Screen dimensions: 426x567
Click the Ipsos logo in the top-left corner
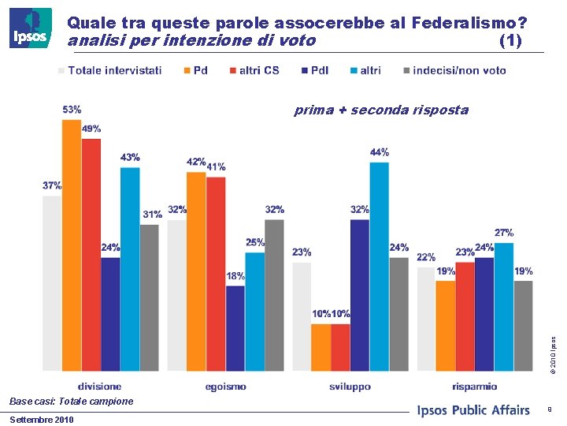[31, 28]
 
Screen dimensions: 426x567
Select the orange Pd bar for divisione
[72, 245]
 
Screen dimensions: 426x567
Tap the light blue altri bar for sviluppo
[380, 266]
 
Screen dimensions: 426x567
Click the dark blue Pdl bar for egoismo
[235, 327]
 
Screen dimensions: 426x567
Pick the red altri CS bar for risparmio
[465, 316]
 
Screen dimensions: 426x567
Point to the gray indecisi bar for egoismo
[274, 294]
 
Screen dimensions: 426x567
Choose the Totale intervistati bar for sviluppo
[302, 316]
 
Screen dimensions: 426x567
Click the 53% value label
[72, 110]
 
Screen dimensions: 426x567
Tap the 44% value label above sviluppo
[380, 152]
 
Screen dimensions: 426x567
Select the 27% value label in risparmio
[504, 233]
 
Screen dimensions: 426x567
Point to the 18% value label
[235, 276]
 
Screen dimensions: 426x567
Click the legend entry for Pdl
[315, 70]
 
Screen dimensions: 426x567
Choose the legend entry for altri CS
[254, 70]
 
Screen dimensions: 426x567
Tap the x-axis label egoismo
[225, 387]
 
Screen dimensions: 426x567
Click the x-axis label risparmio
[475, 387]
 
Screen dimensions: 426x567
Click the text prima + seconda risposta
[381, 110]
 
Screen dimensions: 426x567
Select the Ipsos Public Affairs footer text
[472, 409]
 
